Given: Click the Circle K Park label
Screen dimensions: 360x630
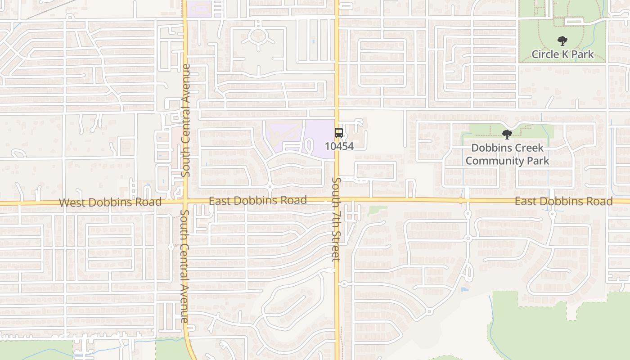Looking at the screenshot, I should [562, 54].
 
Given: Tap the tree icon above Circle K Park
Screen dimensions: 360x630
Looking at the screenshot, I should [562, 41].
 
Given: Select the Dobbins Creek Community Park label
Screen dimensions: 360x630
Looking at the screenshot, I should [507, 154].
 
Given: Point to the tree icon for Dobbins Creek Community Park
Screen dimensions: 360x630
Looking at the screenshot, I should [507, 134].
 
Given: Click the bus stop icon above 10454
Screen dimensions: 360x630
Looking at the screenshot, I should [339, 133].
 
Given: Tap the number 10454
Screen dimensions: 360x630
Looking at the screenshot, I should [340, 146].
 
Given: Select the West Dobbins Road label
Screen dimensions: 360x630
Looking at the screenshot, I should [110, 202].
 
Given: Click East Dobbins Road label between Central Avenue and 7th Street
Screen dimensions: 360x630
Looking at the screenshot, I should [258, 200].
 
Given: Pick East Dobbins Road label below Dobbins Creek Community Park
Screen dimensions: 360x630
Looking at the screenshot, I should [563, 201].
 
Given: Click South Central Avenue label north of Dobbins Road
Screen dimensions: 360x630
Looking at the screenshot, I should [186, 120].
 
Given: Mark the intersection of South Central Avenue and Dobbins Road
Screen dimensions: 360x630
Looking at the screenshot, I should [185, 201].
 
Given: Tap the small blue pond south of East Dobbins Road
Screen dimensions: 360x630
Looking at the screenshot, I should [464, 289].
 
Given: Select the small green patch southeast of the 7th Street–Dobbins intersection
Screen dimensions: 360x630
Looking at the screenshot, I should [377, 210].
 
